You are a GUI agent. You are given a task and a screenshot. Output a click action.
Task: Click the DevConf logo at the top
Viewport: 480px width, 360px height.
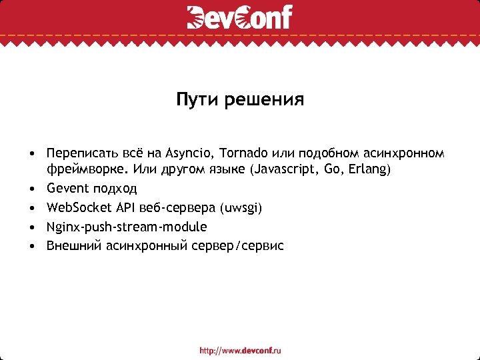[x=239, y=17]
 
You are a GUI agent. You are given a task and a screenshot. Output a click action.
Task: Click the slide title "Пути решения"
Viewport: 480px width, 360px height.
[x=240, y=101]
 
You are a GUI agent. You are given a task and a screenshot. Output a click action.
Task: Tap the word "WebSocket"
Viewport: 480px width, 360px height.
[x=77, y=208]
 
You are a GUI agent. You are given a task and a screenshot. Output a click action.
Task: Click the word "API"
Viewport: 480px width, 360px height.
[x=123, y=208]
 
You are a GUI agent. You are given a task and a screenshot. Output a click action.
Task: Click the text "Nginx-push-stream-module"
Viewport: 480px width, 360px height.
[x=127, y=227]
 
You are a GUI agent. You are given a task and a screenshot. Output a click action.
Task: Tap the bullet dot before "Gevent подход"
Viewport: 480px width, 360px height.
[x=32, y=189]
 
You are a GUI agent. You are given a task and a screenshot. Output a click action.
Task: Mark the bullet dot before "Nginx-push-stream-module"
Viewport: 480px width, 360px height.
[x=32, y=227]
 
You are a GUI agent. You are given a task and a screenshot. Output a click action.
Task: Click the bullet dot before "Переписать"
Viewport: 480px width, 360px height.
[x=32, y=153]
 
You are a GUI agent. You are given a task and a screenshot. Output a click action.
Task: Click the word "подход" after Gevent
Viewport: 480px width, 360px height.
[x=115, y=189]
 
